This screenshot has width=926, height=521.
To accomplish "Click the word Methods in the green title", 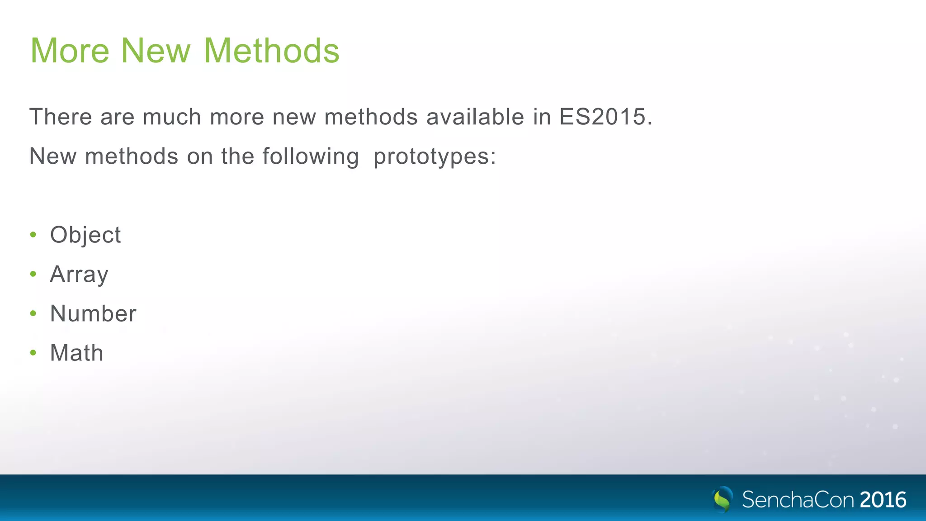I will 271,50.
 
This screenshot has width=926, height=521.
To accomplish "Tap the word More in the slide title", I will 70,50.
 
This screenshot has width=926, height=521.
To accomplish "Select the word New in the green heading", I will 156,50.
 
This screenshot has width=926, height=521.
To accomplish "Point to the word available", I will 475,117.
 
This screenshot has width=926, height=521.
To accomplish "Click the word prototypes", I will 434,157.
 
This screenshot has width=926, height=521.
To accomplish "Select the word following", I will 311,157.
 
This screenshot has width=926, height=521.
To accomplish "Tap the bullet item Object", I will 85,235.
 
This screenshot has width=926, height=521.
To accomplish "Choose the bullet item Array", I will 79,274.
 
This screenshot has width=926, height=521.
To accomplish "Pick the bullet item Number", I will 93,313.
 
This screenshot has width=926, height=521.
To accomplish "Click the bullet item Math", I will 77,353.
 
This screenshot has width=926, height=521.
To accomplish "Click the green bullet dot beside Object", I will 33,234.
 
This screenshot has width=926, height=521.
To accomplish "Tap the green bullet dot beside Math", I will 33,352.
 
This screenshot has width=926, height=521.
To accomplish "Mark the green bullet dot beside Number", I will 33,313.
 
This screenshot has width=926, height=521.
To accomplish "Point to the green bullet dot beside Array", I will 33,274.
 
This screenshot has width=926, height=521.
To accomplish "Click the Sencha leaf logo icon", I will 723,499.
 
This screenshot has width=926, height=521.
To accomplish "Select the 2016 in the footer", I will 883,500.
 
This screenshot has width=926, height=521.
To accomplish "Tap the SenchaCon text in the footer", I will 798,500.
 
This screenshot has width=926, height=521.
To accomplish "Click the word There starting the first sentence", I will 61,117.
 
